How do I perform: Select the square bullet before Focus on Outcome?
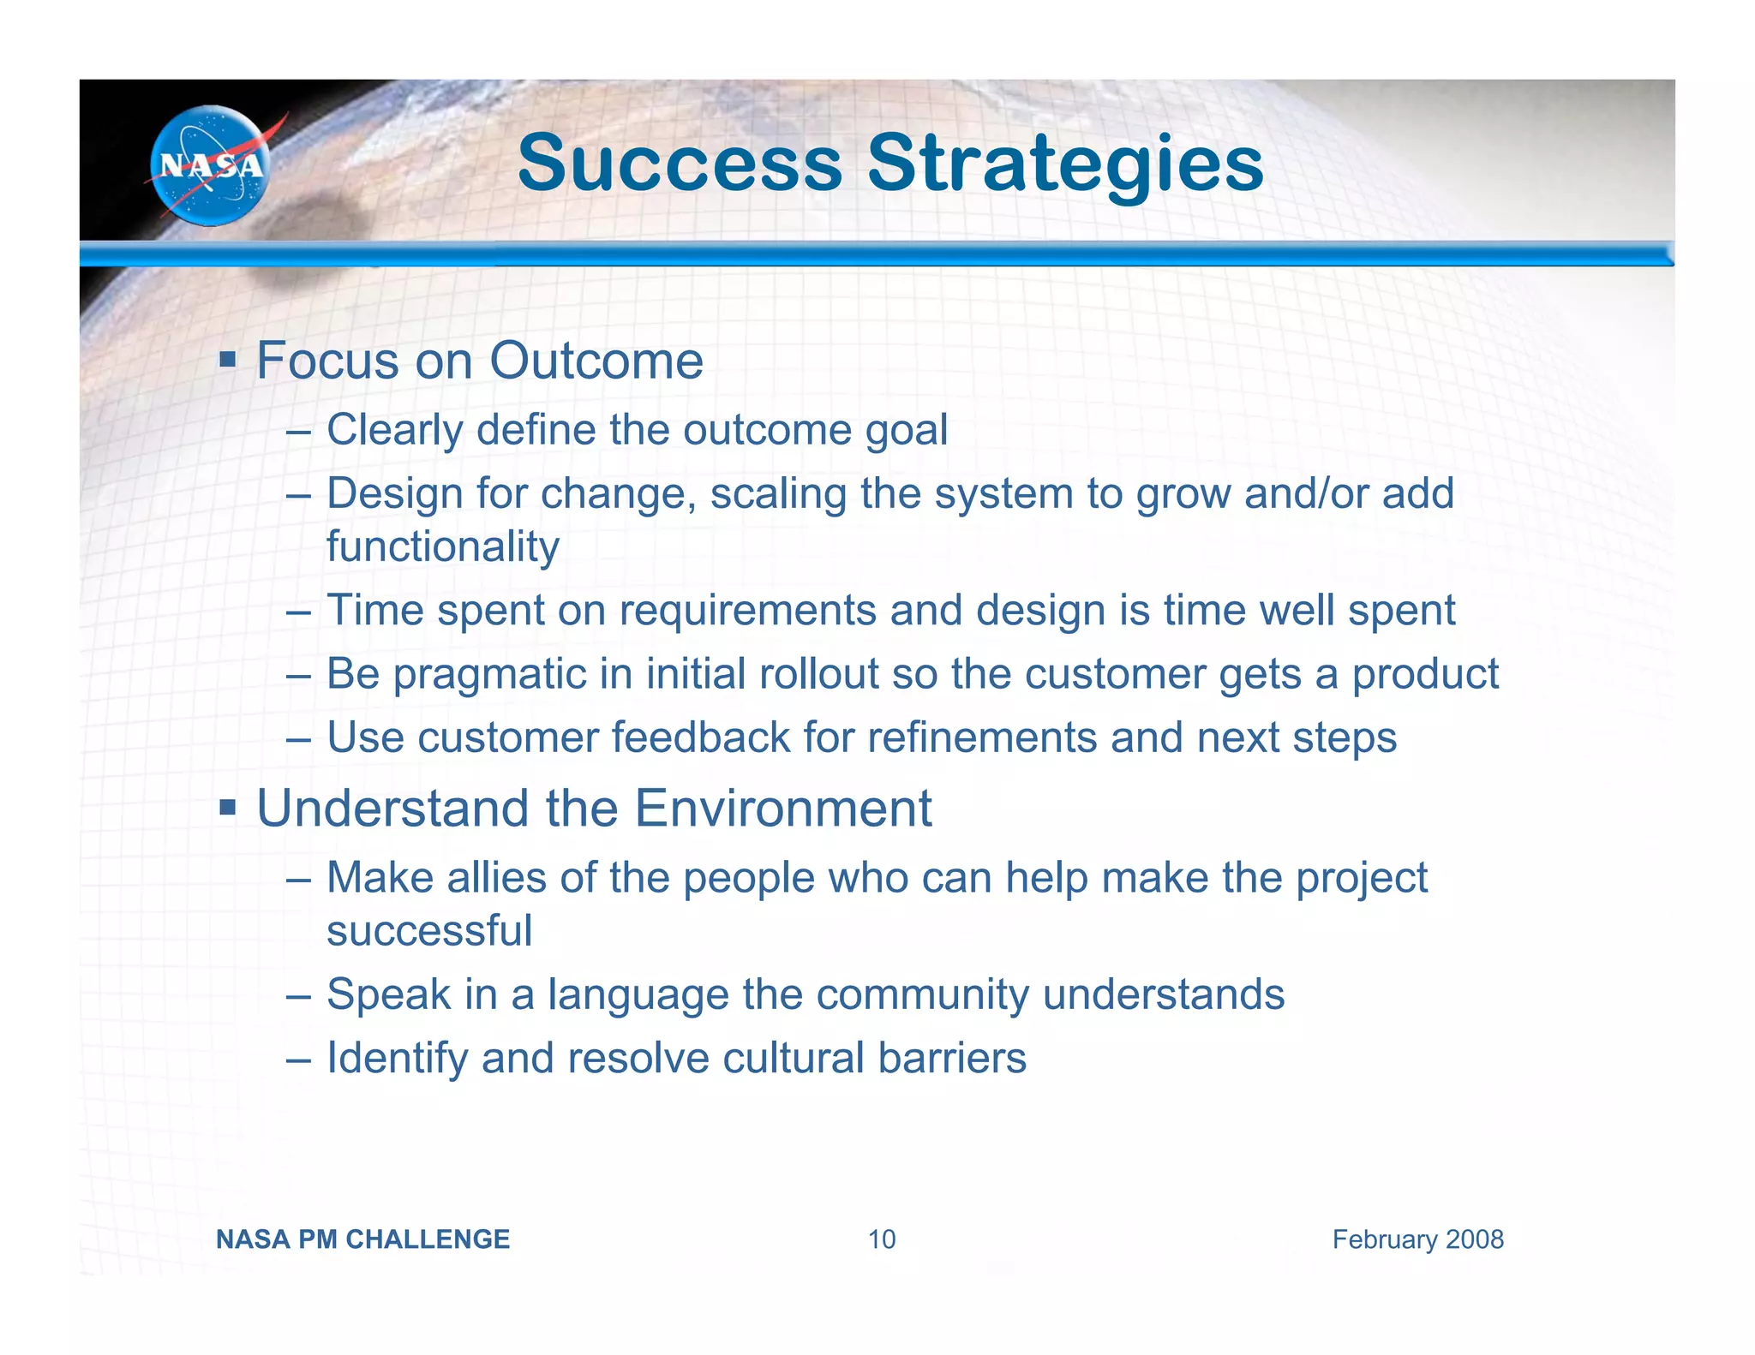coord(227,357)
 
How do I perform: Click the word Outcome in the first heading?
coord(596,361)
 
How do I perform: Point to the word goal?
coord(906,431)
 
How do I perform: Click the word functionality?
coord(443,546)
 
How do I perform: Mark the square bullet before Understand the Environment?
coord(227,806)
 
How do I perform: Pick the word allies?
coord(497,878)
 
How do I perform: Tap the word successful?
coord(429,930)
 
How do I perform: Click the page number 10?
coord(882,1239)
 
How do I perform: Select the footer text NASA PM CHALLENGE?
coord(362,1239)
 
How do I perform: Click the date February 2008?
coord(1417,1239)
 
